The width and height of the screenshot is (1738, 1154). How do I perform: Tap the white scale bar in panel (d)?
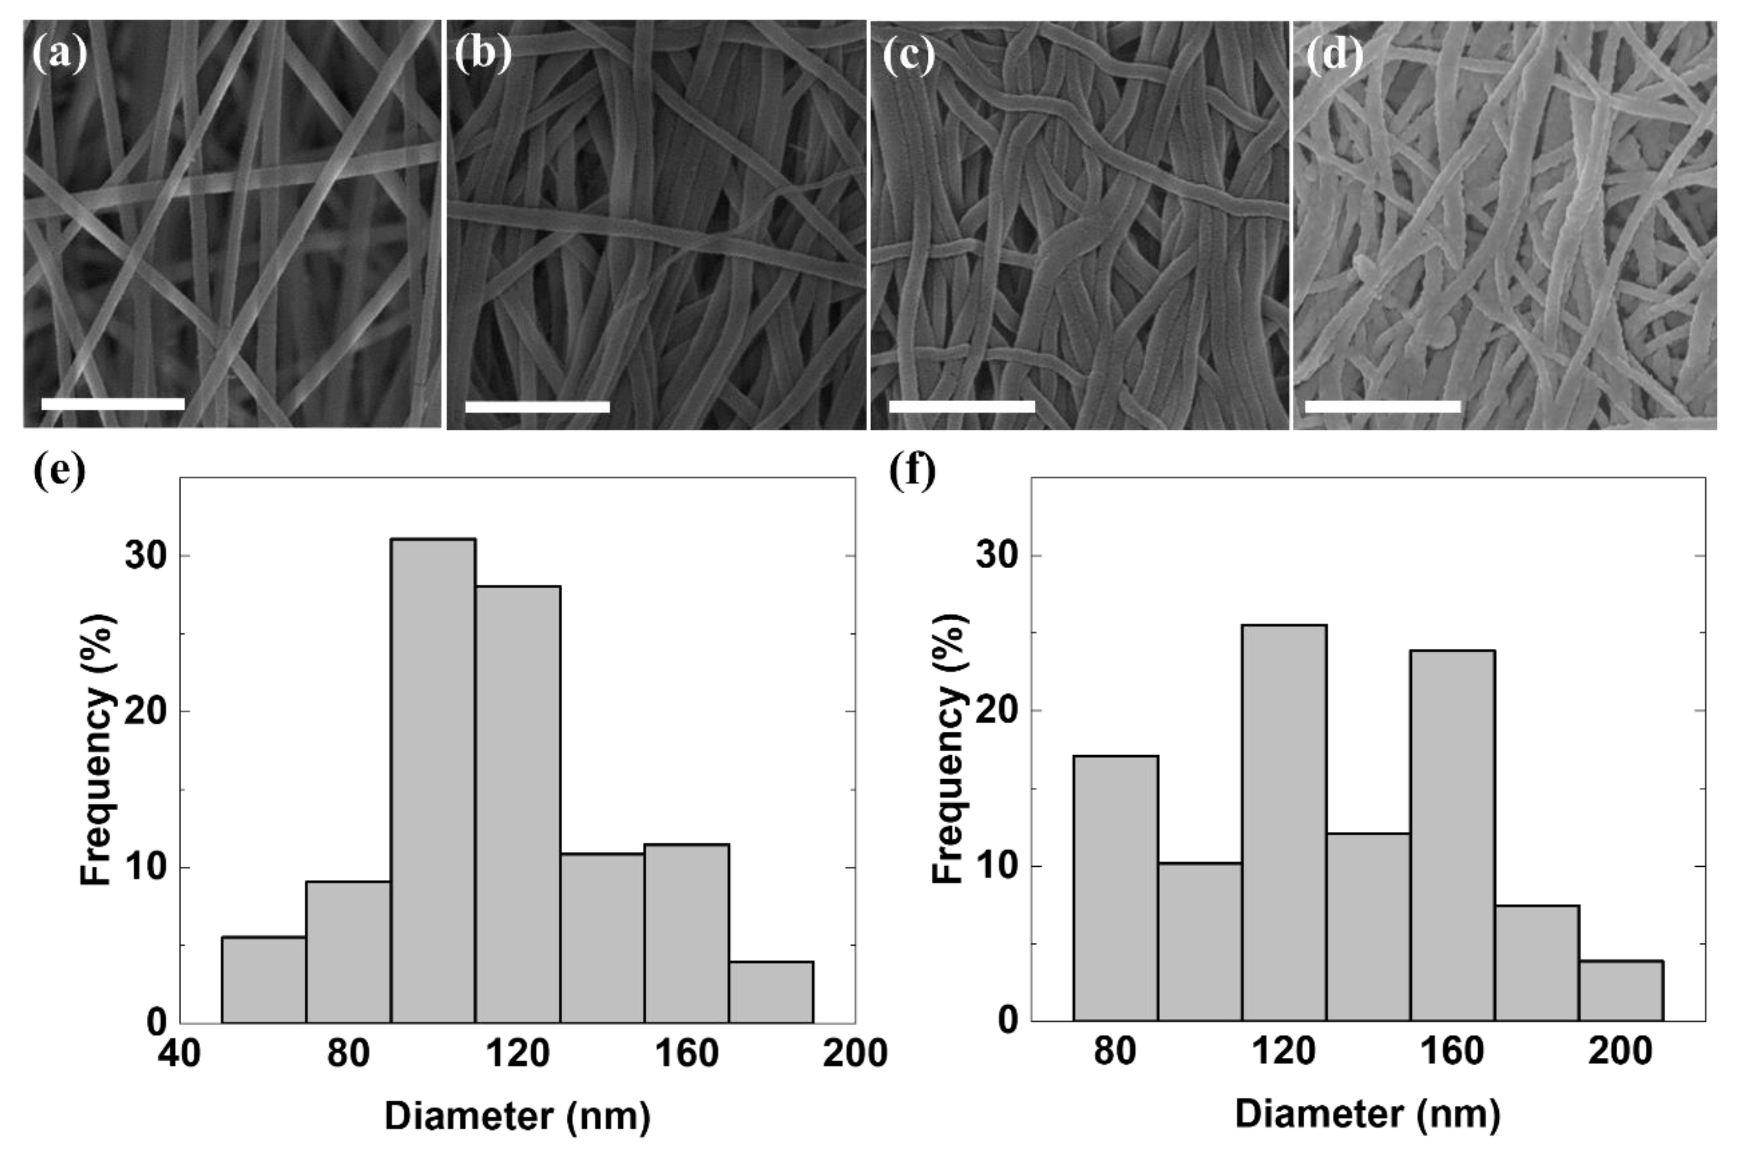[1382, 406]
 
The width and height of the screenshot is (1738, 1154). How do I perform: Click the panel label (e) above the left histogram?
[59, 471]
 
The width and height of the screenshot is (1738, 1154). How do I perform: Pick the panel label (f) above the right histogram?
[912, 471]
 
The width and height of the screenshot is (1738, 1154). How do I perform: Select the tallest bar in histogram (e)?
[433, 780]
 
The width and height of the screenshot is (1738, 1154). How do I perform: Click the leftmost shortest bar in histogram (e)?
[263, 979]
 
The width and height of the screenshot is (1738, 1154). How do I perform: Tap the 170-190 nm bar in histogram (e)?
[771, 991]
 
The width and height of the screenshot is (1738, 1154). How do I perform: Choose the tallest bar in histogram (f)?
[1284, 823]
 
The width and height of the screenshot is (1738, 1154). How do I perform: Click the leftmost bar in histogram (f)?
[1115, 888]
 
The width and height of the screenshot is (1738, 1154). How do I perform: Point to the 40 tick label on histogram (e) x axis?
[180, 1054]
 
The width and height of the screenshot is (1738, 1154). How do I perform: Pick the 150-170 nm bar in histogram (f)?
[1453, 835]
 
